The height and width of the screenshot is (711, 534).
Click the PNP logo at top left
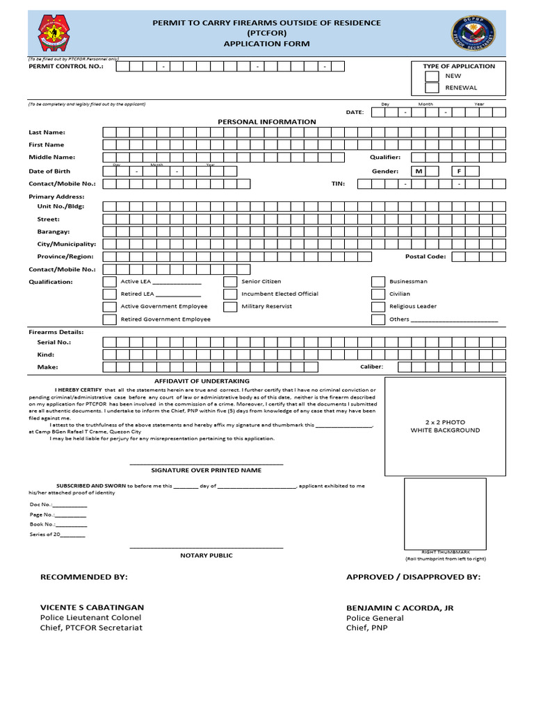(x=56, y=33)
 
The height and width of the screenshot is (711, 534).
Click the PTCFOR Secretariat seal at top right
(x=474, y=33)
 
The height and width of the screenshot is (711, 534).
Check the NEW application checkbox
(x=432, y=76)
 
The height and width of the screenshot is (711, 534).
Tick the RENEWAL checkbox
(x=432, y=88)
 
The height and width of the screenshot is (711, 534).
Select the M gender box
(x=419, y=171)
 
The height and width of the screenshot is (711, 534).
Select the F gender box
(x=459, y=171)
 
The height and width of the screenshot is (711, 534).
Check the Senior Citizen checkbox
(x=230, y=282)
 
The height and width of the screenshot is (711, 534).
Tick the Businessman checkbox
(x=378, y=282)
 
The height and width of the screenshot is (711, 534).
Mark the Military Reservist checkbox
(x=230, y=306)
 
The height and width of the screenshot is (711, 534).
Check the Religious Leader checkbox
(x=378, y=306)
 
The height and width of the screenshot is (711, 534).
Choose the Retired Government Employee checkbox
(x=109, y=319)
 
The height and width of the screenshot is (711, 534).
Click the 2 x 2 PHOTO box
(x=445, y=426)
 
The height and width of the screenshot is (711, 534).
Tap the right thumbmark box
(x=445, y=513)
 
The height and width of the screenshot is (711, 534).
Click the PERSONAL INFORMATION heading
(x=266, y=122)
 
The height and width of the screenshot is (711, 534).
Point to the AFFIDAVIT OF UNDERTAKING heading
(x=202, y=381)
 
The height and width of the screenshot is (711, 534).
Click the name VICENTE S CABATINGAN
(x=92, y=607)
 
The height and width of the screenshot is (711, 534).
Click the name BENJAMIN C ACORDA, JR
(x=400, y=608)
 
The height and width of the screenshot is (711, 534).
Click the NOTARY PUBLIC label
(x=207, y=555)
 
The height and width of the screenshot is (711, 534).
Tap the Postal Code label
(x=426, y=256)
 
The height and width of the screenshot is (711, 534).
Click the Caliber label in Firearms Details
(x=371, y=367)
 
